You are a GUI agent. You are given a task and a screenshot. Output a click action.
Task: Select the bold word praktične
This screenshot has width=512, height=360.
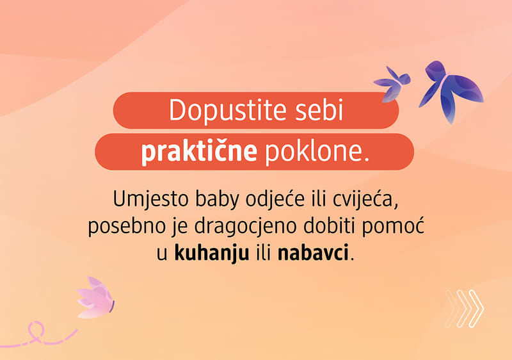pos(199,152)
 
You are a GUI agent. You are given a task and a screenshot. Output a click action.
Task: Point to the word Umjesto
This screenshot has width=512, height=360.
pos(144,199)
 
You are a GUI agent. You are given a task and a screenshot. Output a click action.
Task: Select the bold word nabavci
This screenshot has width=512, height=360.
pos(314,253)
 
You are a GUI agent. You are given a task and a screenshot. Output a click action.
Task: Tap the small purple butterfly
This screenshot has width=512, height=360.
pos(392,82)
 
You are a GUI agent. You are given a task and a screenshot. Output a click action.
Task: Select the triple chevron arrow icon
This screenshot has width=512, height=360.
pos(464,309)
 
